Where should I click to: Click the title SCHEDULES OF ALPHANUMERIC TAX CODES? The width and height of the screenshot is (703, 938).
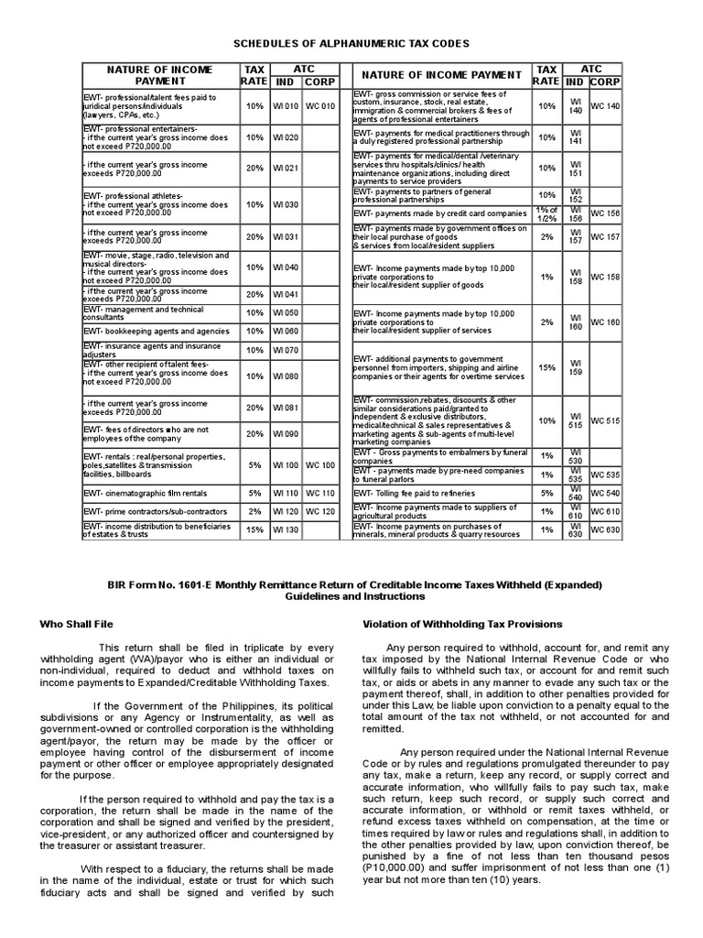click(351, 43)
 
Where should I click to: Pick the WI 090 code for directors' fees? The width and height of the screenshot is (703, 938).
click(286, 434)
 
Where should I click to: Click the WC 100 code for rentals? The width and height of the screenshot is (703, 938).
click(321, 465)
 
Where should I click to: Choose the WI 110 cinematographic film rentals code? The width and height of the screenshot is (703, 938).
click(286, 492)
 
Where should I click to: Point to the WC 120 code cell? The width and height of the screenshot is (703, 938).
click(321, 510)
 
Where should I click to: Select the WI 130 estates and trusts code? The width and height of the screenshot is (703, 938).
click(286, 529)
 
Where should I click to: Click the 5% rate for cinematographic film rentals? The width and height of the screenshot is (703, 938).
click(254, 492)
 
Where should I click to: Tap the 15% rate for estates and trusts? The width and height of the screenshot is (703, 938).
click(254, 529)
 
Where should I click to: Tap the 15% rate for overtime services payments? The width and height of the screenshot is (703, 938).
click(547, 367)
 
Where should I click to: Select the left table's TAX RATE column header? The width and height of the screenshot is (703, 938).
click(254, 75)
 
